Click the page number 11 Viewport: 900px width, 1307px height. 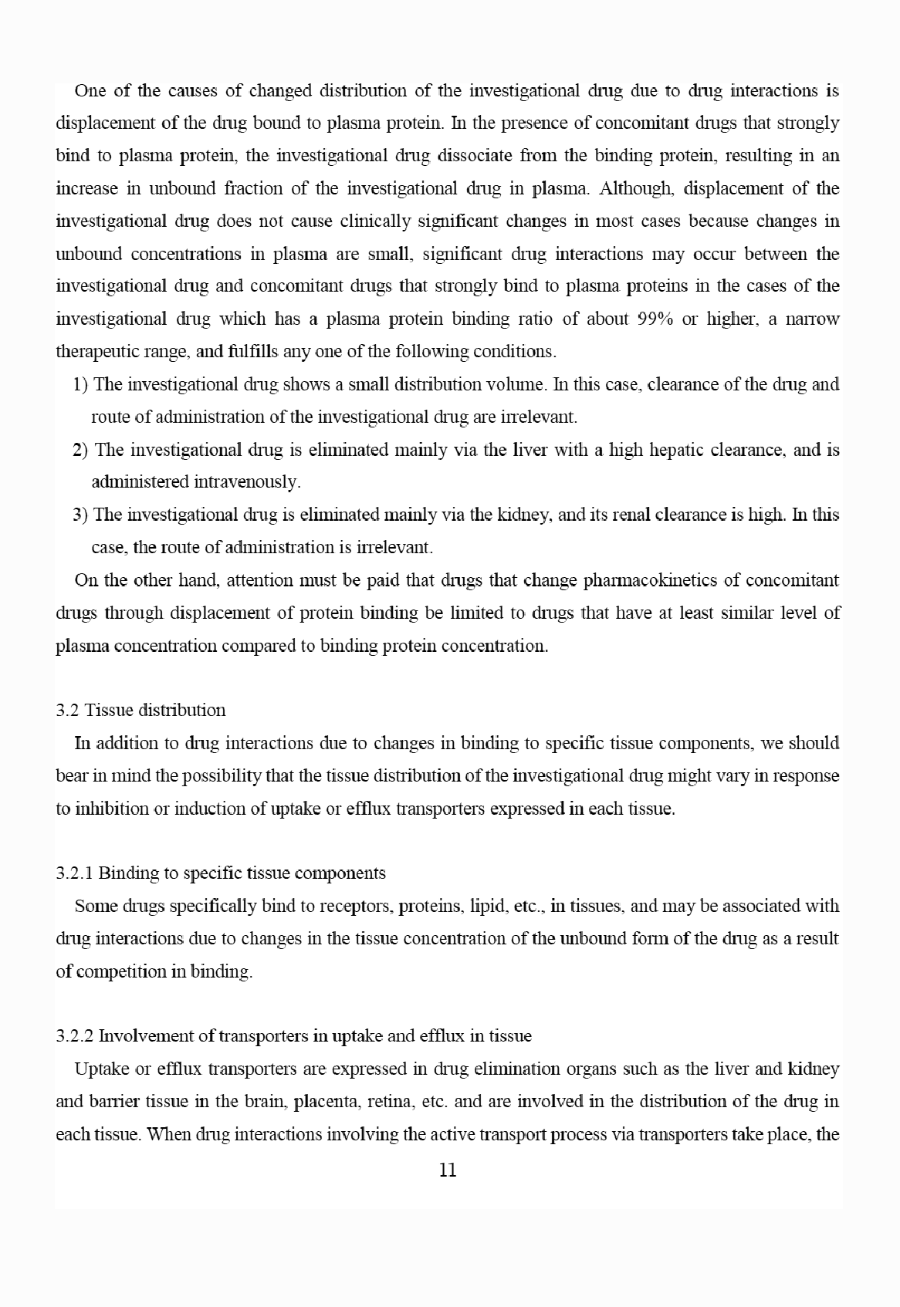pyautogui.click(x=448, y=1170)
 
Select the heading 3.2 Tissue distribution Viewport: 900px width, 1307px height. pyautogui.click(x=141, y=710)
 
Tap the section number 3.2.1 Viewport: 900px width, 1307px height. pyautogui.click(x=75, y=873)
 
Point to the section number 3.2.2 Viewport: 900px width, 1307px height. pyautogui.click(x=75, y=1036)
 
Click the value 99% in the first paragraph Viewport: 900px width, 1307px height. pyautogui.click(x=657, y=319)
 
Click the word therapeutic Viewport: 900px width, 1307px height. pyautogui.click(x=95, y=352)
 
